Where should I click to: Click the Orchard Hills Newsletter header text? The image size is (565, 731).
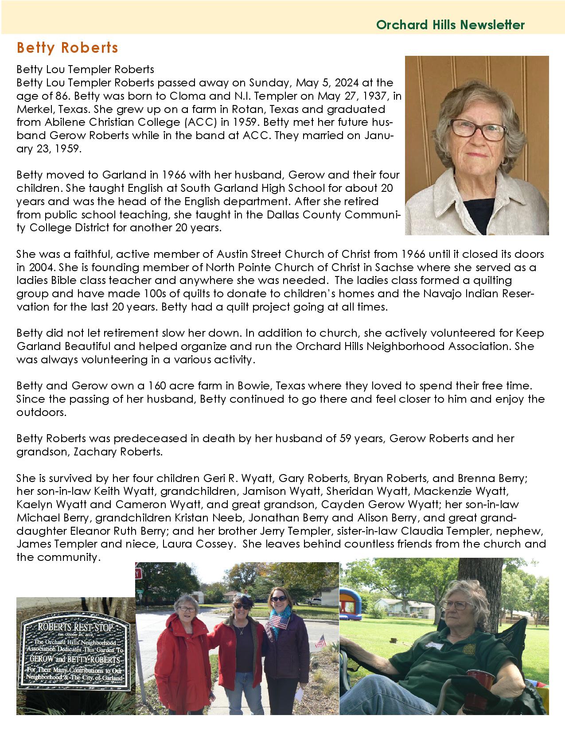450,25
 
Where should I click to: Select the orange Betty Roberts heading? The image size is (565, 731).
67,48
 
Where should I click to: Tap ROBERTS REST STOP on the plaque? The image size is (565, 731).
75,628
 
